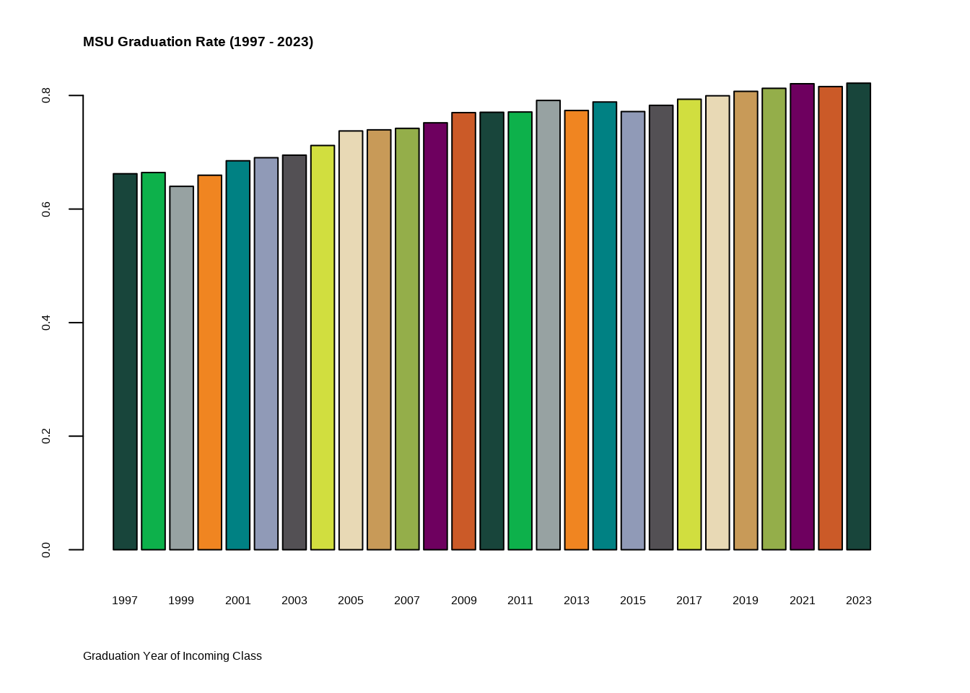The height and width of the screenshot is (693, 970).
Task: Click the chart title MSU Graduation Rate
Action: pyautogui.click(x=198, y=42)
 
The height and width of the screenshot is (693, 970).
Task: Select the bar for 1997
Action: pyautogui.click(x=125, y=361)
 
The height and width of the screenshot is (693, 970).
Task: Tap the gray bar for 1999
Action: pyautogui.click(x=181, y=368)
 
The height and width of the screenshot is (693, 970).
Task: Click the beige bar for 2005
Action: pyautogui.click(x=351, y=340)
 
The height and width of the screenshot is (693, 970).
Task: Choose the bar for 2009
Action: pyautogui.click(x=463, y=331)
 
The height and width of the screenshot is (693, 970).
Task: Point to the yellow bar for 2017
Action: pyautogui.click(x=689, y=324)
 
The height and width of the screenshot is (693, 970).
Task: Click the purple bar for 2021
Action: pyautogui.click(x=802, y=317)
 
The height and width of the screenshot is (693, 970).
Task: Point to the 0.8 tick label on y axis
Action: pyautogui.click(x=46, y=95)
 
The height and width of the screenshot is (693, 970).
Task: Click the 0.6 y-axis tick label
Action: pyautogui.click(x=46, y=209)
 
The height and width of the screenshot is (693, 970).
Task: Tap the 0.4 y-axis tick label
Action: pyautogui.click(x=46, y=323)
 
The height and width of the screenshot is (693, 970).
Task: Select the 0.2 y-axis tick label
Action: pyautogui.click(x=46, y=436)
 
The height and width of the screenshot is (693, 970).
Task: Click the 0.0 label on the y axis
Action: pyautogui.click(x=46, y=550)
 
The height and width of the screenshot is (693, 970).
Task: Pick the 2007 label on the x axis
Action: pyautogui.click(x=407, y=601)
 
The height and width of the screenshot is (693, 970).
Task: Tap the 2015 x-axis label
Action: pyautogui.click(x=633, y=601)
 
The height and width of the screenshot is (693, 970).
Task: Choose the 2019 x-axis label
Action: pyautogui.click(x=746, y=601)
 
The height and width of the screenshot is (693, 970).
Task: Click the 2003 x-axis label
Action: pyautogui.click(x=294, y=601)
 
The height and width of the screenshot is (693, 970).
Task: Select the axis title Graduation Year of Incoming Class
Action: pyautogui.click(x=172, y=656)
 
